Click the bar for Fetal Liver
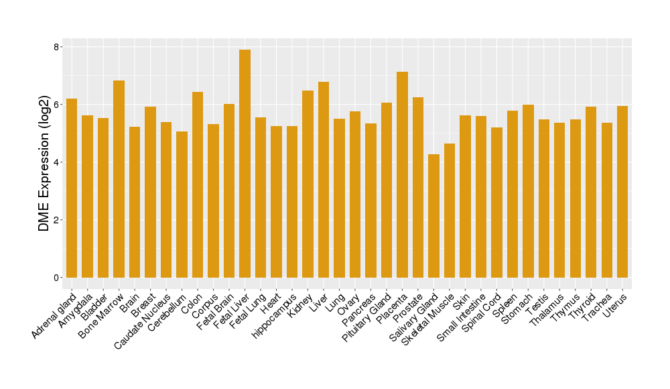(x=245, y=164)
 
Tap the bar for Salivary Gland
(x=433, y=216)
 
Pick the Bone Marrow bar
(x=119, y=179)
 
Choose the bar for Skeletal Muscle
(x=450, y=211)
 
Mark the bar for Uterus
(x=622, y=192)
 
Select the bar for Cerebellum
(x=182, y=205)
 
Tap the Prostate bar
(x=418, y=187)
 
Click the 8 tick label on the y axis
(x=57, y=47)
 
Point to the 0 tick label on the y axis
(x=57, y=278)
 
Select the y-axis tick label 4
(x=57, y=162)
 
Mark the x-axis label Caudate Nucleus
(x=143, y=320)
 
